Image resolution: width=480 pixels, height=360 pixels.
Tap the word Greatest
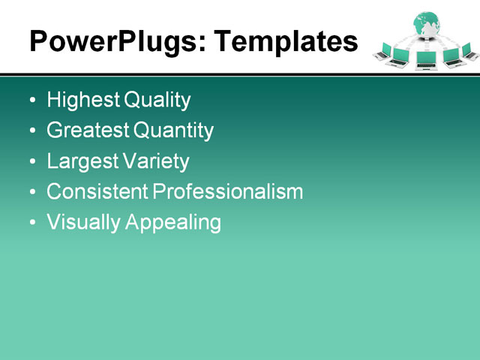pyautogui.click(x=88, y=130)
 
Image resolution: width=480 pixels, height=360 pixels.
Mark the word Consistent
pyautogui.click(x=97, y=192)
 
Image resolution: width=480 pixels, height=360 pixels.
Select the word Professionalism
pyautogui.click(x=228, y=192)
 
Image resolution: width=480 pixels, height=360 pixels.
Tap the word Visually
pyautogui.click(x=81, y=223)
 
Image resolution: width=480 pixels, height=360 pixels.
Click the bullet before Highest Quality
pyautogui.click(x=31, y=100)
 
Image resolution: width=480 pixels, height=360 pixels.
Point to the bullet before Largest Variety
pyautogui.click(x=31, y=162)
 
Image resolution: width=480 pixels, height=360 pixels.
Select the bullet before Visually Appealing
pyautogui.click(x=31, y=223)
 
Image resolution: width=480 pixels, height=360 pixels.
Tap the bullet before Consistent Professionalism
pyautogui.click(x=31, y=193)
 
